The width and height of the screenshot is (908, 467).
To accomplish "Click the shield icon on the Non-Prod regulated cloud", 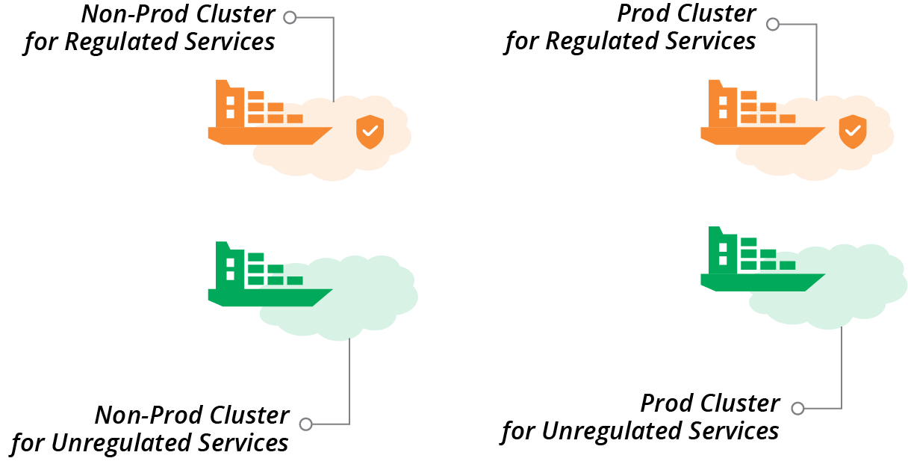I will click(370, 132).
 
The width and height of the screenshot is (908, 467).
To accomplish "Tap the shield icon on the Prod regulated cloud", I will click(852, 132).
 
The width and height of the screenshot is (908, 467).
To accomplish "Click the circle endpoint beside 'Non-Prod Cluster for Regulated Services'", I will click(290, 17).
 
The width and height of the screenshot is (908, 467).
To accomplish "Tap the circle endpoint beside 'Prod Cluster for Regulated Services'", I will click(773, 25).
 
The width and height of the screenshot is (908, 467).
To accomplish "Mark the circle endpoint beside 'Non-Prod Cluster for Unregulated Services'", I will click(305, 424).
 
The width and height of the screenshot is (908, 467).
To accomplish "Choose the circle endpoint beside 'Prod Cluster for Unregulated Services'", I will click(797, 409).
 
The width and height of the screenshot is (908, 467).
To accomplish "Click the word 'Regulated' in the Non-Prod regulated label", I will click(119, 42).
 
